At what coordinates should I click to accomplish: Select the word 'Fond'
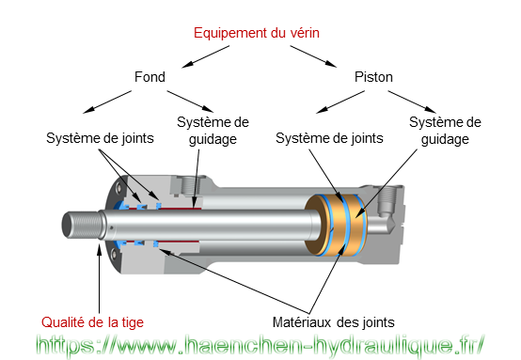(x=149, y=77)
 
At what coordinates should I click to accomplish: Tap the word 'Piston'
(x=373, y=77)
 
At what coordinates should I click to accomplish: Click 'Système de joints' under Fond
(x=101, y=138)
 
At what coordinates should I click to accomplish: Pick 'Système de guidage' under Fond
(x=213, y=131)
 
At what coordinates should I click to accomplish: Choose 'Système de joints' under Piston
(x=329, y=138)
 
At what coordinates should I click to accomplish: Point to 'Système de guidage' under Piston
(x=445, y=131)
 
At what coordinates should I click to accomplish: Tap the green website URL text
(x=260, y=345)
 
